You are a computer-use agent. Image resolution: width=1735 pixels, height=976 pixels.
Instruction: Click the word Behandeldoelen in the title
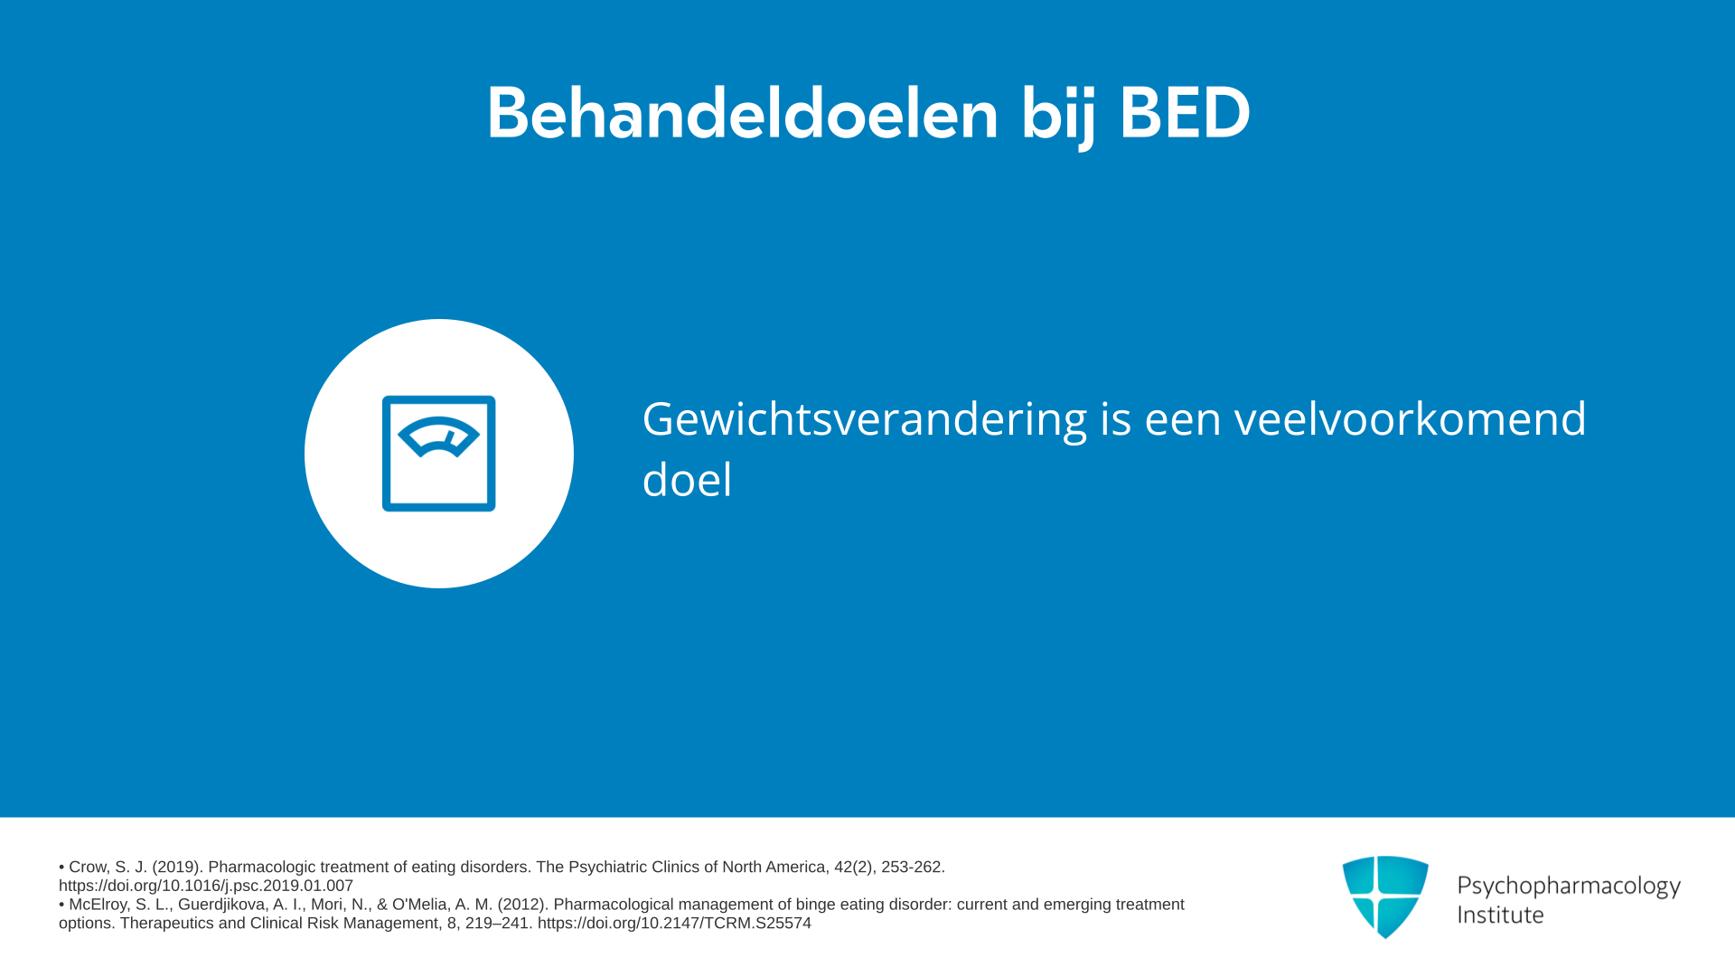point(742,113)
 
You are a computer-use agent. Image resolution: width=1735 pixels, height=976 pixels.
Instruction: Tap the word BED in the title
point(1185,113)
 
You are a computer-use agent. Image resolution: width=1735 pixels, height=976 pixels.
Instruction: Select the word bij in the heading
point(1058,116)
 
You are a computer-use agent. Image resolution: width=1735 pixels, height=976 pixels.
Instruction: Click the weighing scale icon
point(439,454)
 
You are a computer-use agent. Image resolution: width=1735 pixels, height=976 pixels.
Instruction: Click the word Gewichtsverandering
point(864,420)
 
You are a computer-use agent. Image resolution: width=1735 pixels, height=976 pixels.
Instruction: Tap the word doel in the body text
point(687,479)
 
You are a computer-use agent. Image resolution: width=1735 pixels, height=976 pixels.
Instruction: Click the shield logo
point(1385,896)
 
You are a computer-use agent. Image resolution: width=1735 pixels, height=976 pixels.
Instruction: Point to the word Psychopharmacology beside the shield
point(1569,887)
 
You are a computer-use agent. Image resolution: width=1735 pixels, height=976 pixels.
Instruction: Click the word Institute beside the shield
point(1500,915)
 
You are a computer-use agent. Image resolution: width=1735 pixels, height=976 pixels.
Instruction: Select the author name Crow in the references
point(88,867)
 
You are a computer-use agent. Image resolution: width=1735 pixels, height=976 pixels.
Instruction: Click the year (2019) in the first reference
point(175,867)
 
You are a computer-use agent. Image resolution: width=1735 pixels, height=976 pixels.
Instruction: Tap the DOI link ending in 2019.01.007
point(206,886)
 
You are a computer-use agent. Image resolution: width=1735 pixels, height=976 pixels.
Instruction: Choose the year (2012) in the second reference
point(521,905)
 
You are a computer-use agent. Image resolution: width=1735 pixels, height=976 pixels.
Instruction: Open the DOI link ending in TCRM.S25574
point(674,924)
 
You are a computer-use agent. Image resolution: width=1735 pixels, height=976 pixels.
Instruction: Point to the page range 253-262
point(913,867)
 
